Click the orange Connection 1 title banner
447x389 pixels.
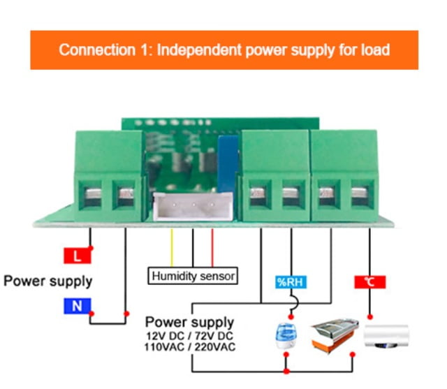[x=223, y=50]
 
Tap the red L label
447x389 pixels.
[x=78, y=256]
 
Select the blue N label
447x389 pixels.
[x=78, y=305]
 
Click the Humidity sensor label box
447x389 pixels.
[x=193, y=276]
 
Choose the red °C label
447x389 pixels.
[x=369, y=282]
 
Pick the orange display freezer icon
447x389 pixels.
[x=334, y=332]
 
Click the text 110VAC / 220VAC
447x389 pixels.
[x=191, y=347]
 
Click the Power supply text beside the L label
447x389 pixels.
[x=47, y=281]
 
